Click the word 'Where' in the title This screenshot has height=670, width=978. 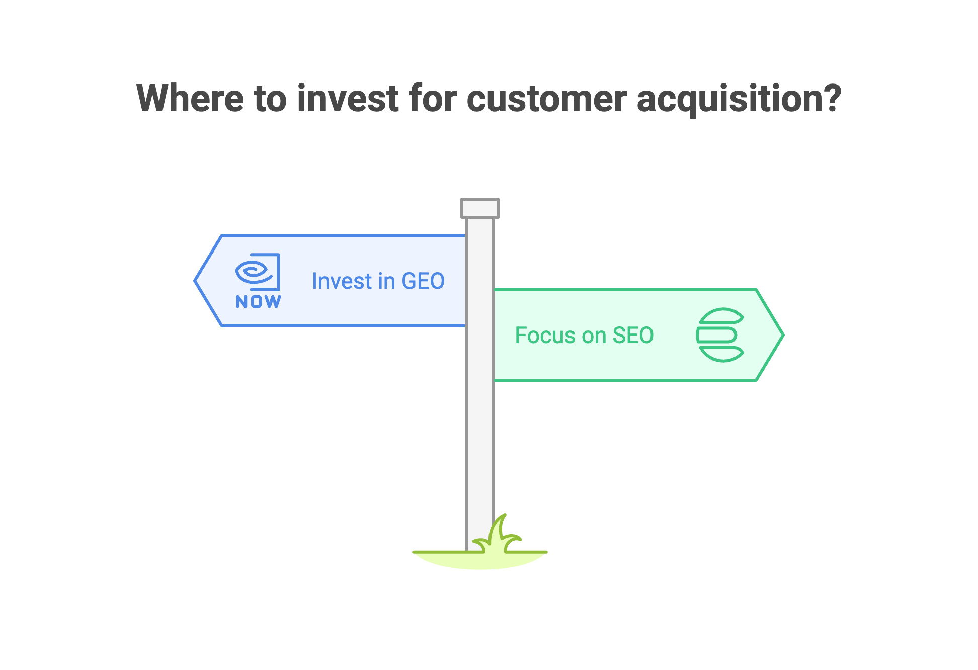(190, 99)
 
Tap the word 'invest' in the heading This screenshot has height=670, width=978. (348, 99)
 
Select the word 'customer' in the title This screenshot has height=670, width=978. (547, 99)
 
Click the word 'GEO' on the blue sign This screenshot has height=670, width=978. (423, 281)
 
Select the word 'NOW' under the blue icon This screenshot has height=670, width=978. (258, 302)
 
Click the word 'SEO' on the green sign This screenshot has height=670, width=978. (633, 336)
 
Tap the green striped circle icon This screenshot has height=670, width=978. (720, 335)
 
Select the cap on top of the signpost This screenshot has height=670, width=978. (480, 208)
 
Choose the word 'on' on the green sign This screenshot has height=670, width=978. (594, 336)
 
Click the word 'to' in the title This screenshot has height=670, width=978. (270, 99)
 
